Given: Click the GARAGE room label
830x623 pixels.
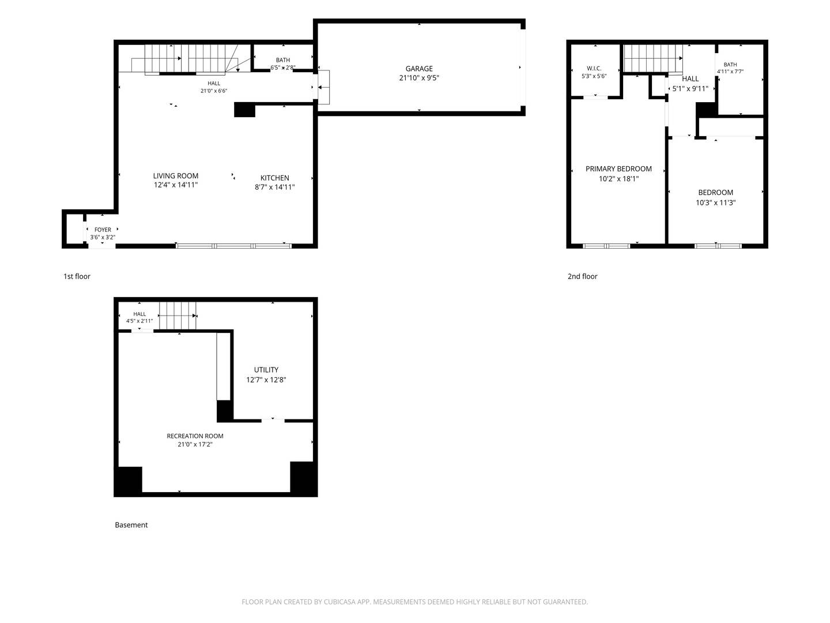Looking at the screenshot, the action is [x=418, y=69].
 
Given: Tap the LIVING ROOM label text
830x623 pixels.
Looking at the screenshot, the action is [x=175, y=175].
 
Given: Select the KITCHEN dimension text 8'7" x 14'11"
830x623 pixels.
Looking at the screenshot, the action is [x=274, y=187].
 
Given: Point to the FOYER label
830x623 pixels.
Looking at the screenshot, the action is [x=103, y=230].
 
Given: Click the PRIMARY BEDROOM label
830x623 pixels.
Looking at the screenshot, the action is [x=618, y=168].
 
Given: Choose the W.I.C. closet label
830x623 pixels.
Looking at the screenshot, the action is [x=594, y=69].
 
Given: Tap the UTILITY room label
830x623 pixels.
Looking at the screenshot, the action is [x=266, y=370].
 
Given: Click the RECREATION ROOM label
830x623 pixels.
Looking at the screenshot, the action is [x=195, y=436].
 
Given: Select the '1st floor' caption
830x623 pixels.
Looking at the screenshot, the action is [x=77, y=276].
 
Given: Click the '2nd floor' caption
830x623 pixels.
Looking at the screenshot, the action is [x=582, y=276].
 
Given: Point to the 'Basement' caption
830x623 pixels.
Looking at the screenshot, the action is [x=131, y=525].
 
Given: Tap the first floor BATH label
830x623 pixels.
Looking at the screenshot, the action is [x=283, y=60].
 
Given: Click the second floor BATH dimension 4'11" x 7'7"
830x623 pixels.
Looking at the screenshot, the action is [x=730, y=71].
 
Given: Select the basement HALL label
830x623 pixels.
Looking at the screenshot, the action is [x=139, y=314].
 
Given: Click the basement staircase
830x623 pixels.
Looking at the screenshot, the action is [x=178, y=316].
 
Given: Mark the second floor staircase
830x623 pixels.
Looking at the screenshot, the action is [x=652, y=58].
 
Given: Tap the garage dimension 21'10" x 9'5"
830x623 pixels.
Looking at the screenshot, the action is [x=419, y=78].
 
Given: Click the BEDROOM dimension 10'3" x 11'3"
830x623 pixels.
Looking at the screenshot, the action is [x=715, y=202].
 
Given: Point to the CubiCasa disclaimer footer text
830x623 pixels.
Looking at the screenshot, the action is [x=415, y=602].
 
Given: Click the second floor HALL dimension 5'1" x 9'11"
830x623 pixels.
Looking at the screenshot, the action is [x=690, y=88].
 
